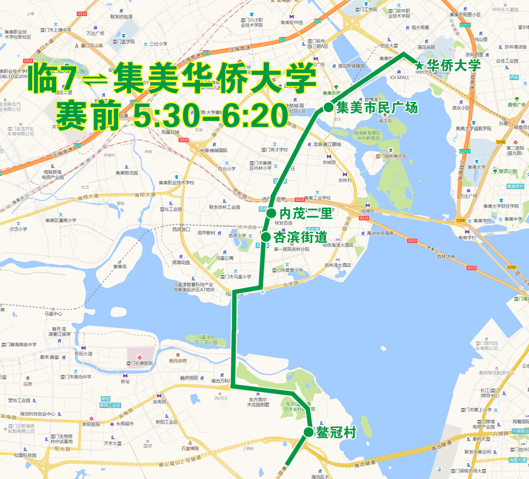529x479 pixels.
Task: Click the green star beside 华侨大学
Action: [420, 66]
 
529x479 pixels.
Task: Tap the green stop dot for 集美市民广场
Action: [328, 107]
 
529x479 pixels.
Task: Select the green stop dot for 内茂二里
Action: [271, 213]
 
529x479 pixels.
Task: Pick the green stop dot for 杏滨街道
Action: [266, 237]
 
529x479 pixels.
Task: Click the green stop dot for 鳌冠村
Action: [308, 432]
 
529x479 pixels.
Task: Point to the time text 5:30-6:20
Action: [211, 116]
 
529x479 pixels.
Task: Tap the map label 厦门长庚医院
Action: [140, 363]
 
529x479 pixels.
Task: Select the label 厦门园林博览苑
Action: [391, 156]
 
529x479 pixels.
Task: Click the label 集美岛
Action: [120, 266]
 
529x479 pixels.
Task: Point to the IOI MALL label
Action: [400, 77]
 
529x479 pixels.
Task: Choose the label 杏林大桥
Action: [446, 257]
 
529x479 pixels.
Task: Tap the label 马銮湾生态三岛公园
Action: [206, 339]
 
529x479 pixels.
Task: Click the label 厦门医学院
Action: [124, 41]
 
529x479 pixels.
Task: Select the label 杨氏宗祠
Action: [178, 361]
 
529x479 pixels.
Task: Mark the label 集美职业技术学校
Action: [177, 183]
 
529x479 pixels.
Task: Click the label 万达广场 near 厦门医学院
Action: [95, 33]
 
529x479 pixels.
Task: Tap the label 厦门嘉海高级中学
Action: [19, 345]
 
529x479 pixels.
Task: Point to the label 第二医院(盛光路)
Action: [515, 150]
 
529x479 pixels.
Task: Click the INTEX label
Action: [221, 398]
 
